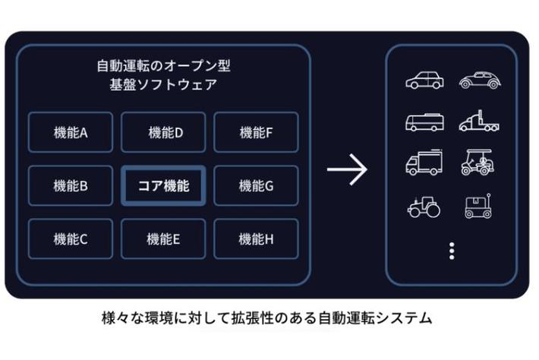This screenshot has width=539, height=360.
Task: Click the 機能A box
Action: [x=71, y=132]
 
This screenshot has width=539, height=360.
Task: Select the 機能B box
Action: [x=71, y=185]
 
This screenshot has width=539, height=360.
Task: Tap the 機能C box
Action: [x=71, y=239]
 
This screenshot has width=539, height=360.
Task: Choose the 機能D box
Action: [x=163, y=132]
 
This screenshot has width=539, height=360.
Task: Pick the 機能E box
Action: [x=163, y=239]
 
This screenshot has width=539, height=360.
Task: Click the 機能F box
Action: [x=256, y=132]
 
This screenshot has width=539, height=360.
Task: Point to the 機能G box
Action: [x=256, y=185]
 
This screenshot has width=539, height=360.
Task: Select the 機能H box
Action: [x=256, y=239]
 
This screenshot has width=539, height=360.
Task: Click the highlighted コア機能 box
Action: [x=163, y=185]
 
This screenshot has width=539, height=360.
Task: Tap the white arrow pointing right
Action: [x=347, y=169]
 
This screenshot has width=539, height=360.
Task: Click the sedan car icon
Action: [x=424, y=80]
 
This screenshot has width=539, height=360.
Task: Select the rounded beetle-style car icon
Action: [x=478, y=80]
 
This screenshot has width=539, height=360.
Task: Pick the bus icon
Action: [x=424, y=122]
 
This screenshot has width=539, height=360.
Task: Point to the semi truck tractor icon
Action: [x=478, y=122]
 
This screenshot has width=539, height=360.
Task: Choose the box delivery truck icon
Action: [x=424, y=163]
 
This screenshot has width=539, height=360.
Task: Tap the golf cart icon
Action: [x=477, y=163]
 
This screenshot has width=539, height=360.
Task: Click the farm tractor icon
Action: [x=424, y=207]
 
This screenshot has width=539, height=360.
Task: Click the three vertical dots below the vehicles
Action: [x=452, y=250]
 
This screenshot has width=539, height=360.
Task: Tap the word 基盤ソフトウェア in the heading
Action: [x=162, y=84]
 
